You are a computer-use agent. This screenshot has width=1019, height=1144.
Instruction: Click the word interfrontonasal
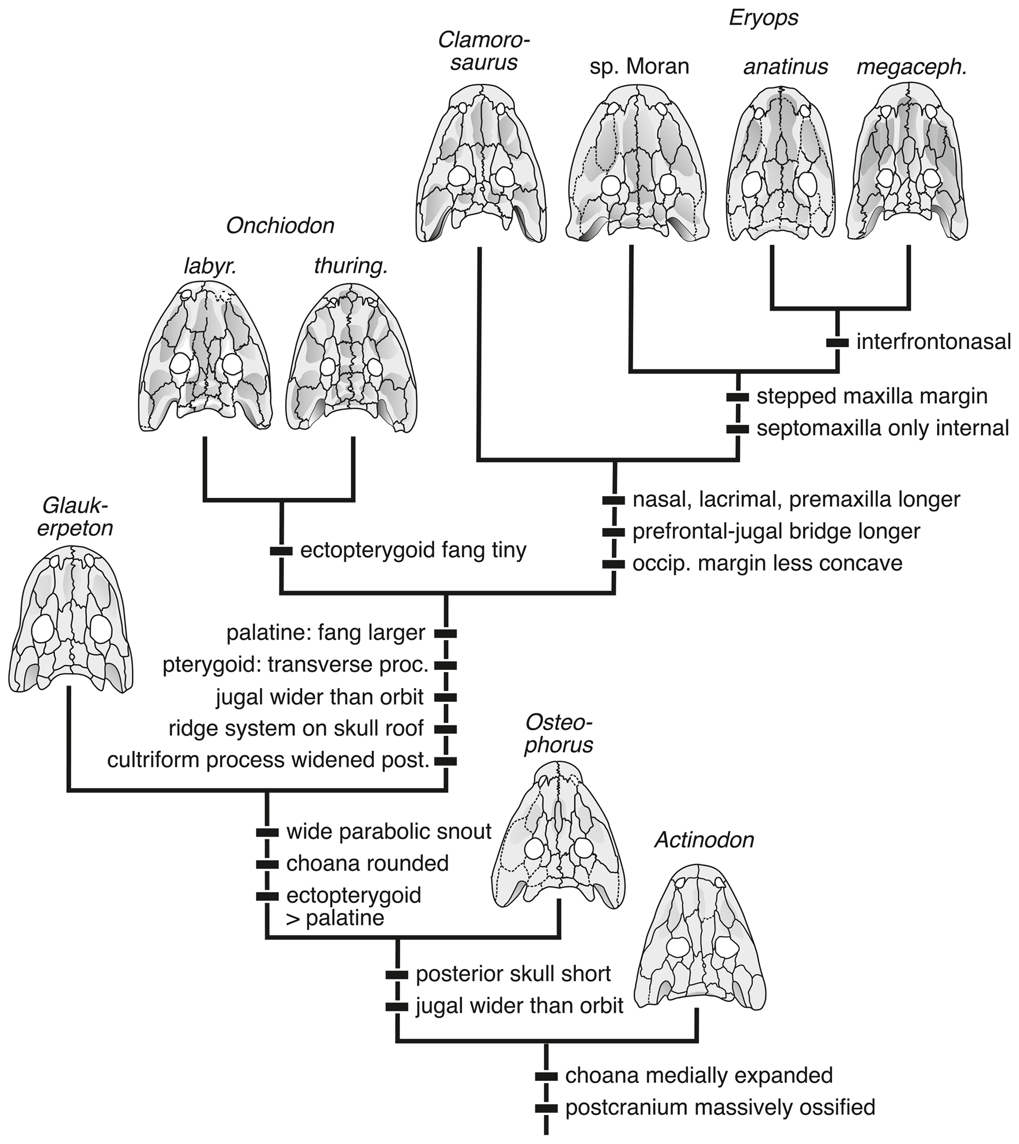tap(933, 342)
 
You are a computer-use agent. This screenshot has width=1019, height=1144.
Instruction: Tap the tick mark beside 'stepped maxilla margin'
tap(738, 397)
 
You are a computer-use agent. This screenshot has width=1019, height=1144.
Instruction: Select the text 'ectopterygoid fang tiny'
tap(413, 551)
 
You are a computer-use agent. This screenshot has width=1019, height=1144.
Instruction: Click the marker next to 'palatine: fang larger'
tap(446, 634)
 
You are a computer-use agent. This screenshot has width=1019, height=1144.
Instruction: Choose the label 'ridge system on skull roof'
tap(296, 729)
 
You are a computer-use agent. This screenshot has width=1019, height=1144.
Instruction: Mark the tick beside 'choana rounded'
tap(267, 864)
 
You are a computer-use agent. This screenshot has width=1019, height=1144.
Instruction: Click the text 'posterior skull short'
tap(513, 975)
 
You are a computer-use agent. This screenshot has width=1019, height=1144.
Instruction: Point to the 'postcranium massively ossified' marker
tap(546, 1108)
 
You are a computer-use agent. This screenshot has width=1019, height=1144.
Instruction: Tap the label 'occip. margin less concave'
tap(767, 563)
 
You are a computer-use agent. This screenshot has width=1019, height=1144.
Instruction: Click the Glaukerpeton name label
tap(75, 517)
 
